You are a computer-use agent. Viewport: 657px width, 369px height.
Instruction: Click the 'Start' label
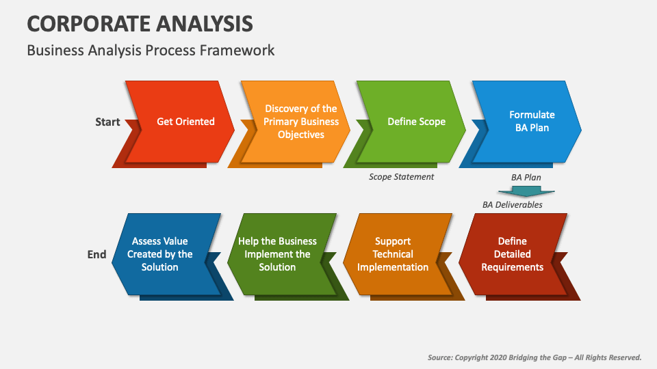[107, 122]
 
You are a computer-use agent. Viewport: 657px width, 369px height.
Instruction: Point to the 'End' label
[97, 254]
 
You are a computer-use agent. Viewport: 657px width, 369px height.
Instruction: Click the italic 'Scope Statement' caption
[401, 177]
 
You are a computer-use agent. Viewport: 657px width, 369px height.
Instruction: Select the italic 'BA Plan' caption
[526, 177]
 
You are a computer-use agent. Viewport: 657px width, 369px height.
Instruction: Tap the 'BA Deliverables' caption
[512, 204]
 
